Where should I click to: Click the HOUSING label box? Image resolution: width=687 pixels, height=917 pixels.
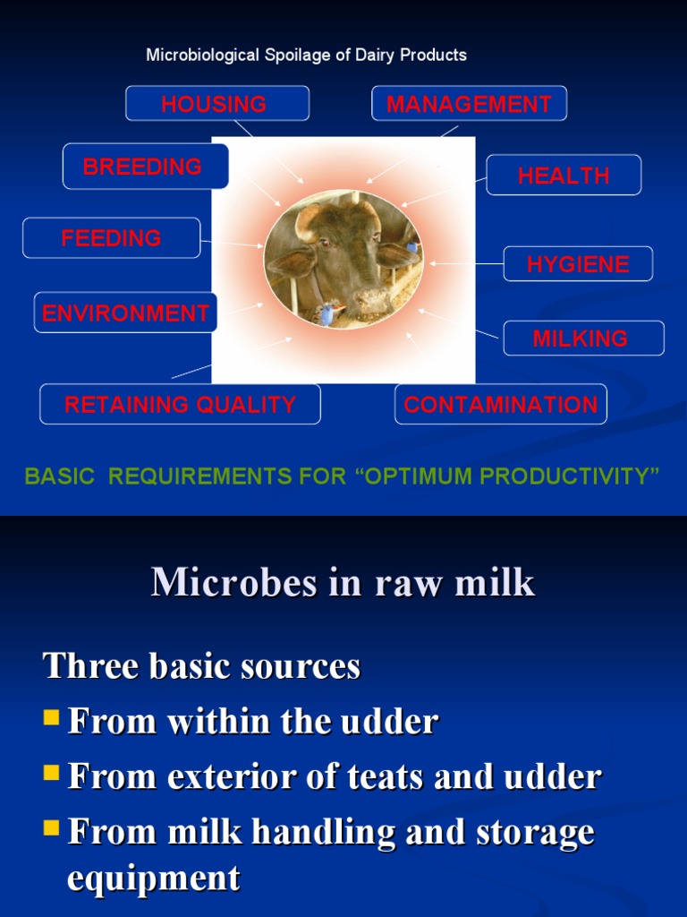(x=216, y=104)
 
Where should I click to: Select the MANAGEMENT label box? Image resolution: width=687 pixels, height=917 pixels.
(x=469, y=104)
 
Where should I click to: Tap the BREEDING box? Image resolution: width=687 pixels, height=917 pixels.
(x=145, y=167)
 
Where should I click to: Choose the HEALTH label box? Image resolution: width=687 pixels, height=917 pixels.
(x=564, y=176)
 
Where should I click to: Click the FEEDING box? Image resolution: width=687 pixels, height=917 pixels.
(x=112, y=238)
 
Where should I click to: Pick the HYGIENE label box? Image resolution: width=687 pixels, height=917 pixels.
(x=578, y=264)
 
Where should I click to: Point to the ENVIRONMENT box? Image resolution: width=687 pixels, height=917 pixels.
(x=126, y=313)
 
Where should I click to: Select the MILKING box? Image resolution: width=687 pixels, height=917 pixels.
(x=582, y=339)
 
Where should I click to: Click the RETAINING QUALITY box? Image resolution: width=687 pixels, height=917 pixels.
(x=180, y=405)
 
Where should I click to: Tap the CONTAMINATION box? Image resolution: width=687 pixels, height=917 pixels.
(x=501, y=405)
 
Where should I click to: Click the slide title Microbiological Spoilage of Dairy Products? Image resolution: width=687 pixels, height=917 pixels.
(x=306, y=56)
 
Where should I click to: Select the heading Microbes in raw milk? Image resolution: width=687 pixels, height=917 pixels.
(x=343, y=583)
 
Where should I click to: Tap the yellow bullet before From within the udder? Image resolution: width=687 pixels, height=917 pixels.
(x=52, y=717)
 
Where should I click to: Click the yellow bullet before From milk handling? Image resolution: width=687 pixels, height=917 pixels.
(x=52, y=829)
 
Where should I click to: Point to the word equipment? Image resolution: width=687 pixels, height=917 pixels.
(x=154, y=878)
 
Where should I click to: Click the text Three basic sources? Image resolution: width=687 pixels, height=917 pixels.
(x=202, y=666)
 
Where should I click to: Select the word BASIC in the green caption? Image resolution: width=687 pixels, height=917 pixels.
(x=59, y=476)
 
